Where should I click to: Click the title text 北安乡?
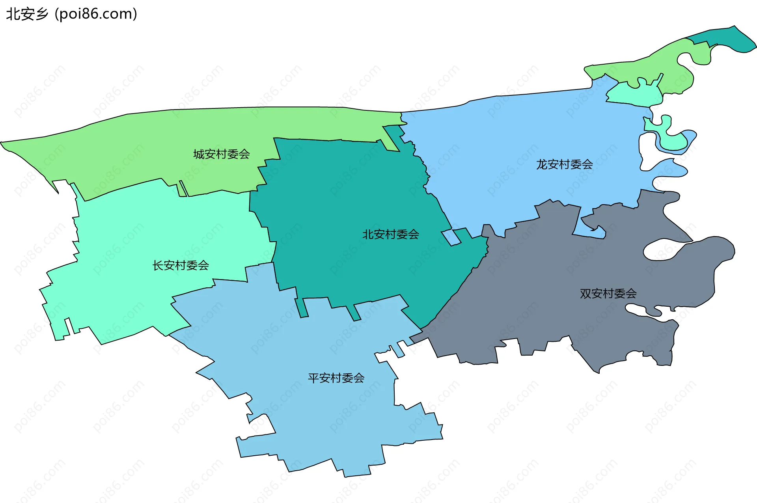point(27,14)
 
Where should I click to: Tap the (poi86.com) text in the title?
point(96,14)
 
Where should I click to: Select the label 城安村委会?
point(222,154)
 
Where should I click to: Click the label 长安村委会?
point(181,265)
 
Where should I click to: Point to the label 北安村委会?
point(390,235)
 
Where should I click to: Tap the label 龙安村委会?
point(564,164)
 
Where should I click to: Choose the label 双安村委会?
point(608,293)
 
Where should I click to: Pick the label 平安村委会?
point(336,378)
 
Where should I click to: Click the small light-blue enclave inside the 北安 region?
point(451,238)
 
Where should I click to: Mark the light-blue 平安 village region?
point(315,414)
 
